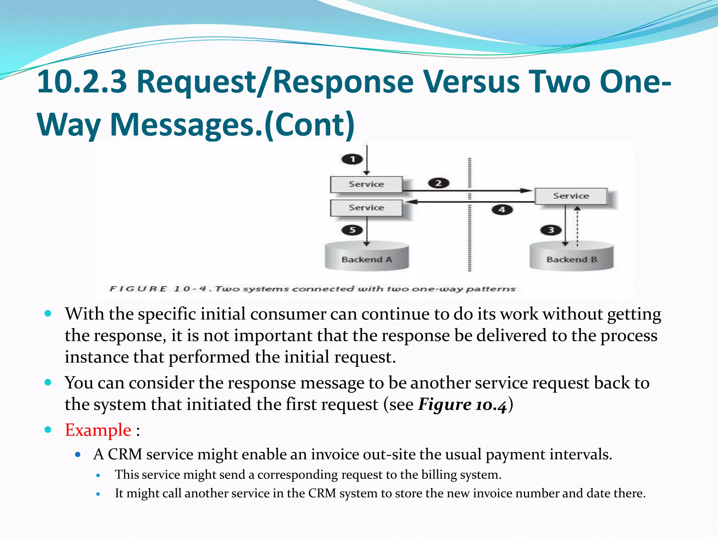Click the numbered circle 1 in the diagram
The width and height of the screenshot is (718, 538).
point(352,159)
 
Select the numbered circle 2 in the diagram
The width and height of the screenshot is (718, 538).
point(438,183)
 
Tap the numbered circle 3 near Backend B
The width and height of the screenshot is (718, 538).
point(551,230)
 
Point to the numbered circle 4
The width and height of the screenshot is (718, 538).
point(502,209)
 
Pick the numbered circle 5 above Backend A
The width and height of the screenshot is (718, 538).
point(352,230)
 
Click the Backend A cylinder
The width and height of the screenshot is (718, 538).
point(367,257)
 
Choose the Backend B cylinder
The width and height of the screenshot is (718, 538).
point(571,257)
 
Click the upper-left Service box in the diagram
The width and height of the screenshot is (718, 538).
point(366,184)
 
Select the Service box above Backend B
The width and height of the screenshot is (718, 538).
point(571,196)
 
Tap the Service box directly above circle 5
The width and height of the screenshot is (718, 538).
point(366,208)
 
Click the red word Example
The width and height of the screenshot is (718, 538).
point(98,430)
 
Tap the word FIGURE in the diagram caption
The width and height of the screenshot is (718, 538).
point(138,289)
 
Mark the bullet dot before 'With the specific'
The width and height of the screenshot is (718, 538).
point(48,313)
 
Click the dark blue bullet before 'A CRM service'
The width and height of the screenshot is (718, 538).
point(78,455)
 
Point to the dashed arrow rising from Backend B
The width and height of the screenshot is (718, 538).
point(577,226)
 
